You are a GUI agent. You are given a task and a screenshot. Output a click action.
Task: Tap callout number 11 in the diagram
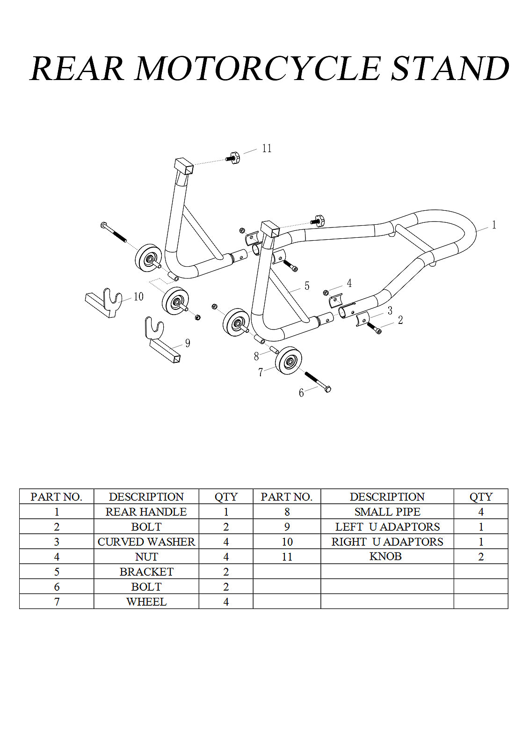pyautogui.click(x=267, y=148)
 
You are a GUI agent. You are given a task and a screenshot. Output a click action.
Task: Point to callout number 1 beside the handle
pyautogui.click(x=493, y=225)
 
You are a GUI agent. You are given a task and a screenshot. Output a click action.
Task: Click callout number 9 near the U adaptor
pyautogui.click(x=188, y=343)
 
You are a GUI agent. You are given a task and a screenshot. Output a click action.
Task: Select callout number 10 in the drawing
pyautogui.click(x=138, y=297)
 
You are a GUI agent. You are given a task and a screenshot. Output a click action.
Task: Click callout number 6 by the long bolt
pyautogui.click(x=301, y=393)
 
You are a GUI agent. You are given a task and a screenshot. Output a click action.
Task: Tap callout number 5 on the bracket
pyautogui.click(x=307, y=286)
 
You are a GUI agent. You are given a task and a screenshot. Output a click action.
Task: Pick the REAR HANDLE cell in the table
pyautogui.click(x=146, y=512)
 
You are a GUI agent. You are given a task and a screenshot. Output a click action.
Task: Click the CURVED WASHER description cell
pyautogui.click(x=146, y=542)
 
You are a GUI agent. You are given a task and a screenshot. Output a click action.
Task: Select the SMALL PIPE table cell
pyautogui.click(x=387, y=512)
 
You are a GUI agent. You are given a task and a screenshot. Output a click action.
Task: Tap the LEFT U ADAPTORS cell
pyautogui.click(x=387, y=527)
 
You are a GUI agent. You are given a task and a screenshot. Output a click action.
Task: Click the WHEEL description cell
pyautogui.click(x=146, y=602)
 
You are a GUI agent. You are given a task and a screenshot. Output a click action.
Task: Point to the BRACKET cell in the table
pyautogui.click(x=146, y=572)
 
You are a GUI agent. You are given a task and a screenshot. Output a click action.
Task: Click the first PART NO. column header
pyautogui.click(x=56, y=497)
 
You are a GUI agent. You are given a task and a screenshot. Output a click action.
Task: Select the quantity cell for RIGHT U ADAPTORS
pyautogui.click(x=480, y=542)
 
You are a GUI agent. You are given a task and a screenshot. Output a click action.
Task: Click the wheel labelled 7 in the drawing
pyautogui.click(x=288, y=361)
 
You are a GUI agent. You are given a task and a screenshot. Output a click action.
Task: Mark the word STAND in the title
pyautogui.click(x=449, y=68)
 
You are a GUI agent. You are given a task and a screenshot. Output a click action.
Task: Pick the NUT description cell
pyautogui.click(x=146, y=557)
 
